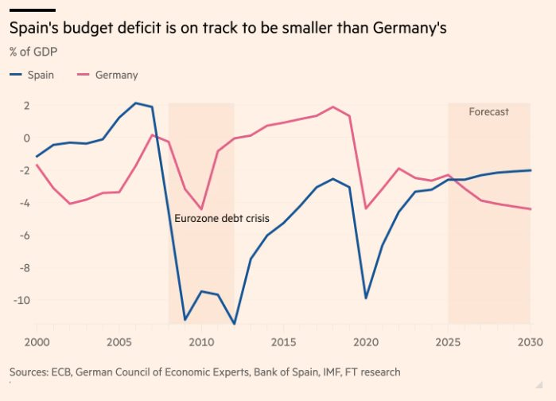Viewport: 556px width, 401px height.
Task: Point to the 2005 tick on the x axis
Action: pos(119,341)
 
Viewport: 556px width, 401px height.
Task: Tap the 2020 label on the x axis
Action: pos(366,341)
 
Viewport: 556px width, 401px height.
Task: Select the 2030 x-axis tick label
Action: pos(531,341)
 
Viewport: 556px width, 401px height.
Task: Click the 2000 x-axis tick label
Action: pos(37,341)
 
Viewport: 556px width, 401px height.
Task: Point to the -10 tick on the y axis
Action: pos(21,300)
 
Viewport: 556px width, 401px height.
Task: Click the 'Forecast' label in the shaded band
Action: pos(488,112)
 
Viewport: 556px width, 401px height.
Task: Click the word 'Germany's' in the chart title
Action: pos(409,29)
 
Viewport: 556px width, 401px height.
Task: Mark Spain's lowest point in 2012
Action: pos(234,324)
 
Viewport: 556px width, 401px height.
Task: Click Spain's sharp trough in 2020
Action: pos(366,298)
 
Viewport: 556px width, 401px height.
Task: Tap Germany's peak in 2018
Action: pos(332,107)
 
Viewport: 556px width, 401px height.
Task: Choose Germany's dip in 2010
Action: pos(201,209)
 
